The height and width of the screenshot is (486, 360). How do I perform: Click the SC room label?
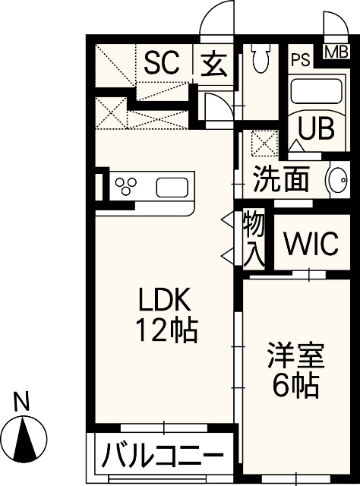click(162, 62)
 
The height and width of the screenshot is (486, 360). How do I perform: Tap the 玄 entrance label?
click(214, 62)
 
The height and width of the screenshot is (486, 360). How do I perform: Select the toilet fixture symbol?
click(261, 58)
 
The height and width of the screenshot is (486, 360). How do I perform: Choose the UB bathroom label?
click(315, 128)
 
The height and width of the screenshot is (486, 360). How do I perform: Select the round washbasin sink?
click(337, 181)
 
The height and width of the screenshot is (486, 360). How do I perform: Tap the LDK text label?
click(163, 301)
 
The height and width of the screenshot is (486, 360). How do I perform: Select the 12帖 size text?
click(166, 331)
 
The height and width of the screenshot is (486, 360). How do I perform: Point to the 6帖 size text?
click(295, 387)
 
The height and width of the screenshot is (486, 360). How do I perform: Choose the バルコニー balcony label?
click(163, 457)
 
